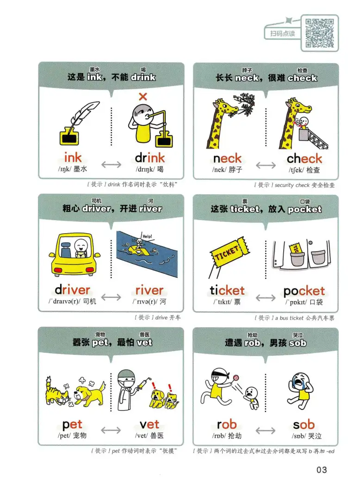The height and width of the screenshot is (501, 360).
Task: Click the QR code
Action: (319, 33)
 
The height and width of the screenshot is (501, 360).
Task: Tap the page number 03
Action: (322, 470)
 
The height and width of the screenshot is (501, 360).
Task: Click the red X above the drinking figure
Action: (143, 97)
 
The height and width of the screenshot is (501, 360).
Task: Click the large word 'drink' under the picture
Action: (149, 158)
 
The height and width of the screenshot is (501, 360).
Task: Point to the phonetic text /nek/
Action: (219, 170)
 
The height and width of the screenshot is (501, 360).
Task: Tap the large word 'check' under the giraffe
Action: (304, 158)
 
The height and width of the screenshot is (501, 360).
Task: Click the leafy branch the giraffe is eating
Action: (245, 103)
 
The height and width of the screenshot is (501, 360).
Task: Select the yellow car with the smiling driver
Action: (74, 254)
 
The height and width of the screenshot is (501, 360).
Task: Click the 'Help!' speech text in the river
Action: (148, 236)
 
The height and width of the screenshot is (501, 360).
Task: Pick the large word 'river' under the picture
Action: (149, 290)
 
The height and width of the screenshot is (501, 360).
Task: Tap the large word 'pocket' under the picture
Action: (304, 291)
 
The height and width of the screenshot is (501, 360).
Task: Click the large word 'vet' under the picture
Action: (149, 424)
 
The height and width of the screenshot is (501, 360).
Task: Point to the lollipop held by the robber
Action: (236, 378)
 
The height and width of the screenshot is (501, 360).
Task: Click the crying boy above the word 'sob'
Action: (300, 391)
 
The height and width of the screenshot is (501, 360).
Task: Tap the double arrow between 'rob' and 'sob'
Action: (265, 431)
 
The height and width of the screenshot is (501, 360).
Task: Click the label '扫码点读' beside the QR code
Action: (282, 34)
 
